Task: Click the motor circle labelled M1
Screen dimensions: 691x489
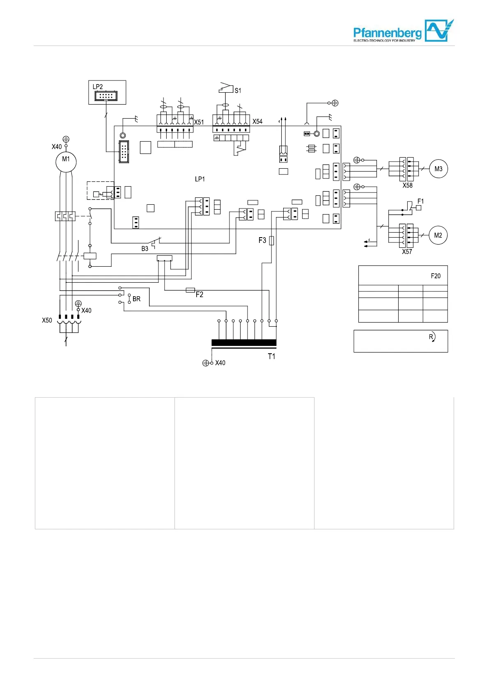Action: coord(66,162)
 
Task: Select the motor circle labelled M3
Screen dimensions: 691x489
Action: coord(438,169)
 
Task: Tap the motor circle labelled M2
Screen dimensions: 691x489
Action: coord(438,235)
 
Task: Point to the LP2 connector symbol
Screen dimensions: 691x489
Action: coord(106,96)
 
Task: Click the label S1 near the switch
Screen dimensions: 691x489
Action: coord(238,90)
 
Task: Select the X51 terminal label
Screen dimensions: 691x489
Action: coord(199,122)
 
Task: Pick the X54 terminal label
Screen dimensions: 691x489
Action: coord(257,121)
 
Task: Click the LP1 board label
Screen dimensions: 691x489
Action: coord(200,179)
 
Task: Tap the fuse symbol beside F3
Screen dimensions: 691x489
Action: coord(271,240)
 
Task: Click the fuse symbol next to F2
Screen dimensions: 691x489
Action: coord(190,290)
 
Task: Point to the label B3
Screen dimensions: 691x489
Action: coord(145,249)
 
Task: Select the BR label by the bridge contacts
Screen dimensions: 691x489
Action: coord(136,299)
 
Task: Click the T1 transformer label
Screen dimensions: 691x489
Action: coord(271,356)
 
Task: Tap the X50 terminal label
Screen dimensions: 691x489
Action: coord(47,320)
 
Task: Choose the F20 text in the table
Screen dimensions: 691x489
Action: coord(436,276)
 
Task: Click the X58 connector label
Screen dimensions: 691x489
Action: coord(407,185)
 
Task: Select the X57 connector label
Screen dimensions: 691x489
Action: coord(407,252)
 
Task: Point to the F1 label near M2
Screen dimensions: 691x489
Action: coord(420,201)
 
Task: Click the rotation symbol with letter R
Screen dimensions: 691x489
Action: coord(432,337)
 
